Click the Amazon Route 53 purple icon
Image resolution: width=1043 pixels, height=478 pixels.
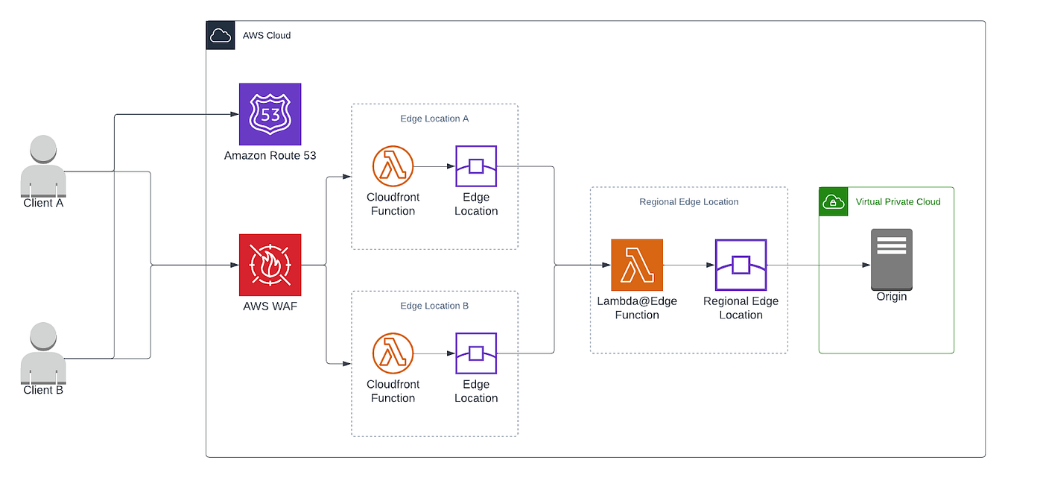coord(270,114)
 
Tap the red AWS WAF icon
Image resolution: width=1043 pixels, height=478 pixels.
coord(270,265)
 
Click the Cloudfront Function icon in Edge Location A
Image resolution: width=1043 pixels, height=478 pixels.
coord(393,166)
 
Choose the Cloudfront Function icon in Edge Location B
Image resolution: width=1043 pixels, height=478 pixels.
coord(393,353)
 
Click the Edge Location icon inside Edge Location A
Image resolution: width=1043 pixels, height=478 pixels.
coord(476,166)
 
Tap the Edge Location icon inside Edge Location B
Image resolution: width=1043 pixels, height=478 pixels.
coord(476,353)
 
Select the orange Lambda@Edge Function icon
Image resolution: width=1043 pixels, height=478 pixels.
coord(636,265)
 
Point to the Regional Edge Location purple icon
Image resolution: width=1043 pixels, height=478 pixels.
coord(741,265)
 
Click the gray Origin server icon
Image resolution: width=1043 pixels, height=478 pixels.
coord(891,259)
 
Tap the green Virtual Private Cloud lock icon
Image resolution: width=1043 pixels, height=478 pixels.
coord(833,201)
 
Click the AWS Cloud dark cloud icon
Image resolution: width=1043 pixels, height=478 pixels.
coord(220,35)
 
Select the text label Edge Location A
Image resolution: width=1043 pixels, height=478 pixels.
coord(434,119)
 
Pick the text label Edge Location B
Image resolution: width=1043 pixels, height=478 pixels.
coord(434,306)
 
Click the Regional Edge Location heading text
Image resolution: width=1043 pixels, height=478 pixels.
coord(688,202)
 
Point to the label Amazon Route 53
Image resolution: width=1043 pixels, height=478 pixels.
coord(269,156)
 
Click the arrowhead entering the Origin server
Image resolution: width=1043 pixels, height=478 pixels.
coord(866,265)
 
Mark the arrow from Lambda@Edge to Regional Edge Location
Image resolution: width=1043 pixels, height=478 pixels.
coord(688,265)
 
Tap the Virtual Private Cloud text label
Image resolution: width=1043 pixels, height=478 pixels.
coord(898,202)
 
